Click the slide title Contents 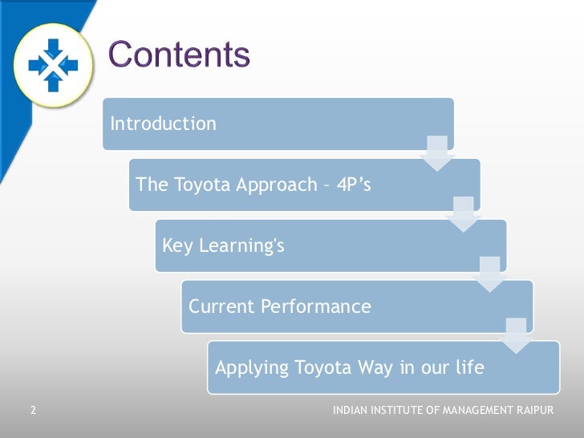pyautogui.click(x=179, y=55)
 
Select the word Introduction pyautogui.click(x=163, y=124)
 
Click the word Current pyautogui.click(x=221, y=306)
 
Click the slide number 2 pyautogui.click(x=33, y=411)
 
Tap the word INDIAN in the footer pyautogui.click(x=350, y=411)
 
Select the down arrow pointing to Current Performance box pyautogui.click(x=489, y=274)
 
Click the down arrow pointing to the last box pyautogui.click(x=516, y=335)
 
